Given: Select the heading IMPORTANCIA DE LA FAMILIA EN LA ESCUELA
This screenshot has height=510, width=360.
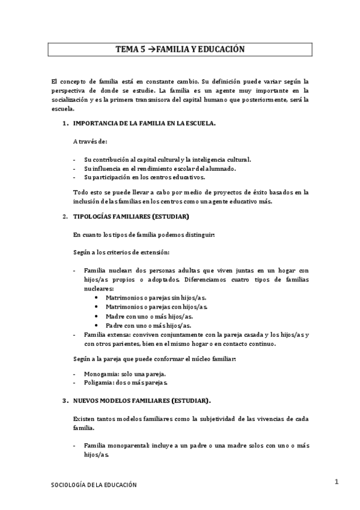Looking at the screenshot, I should coord(144,123).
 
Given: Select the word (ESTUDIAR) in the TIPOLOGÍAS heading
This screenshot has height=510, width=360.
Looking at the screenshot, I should coord(171,216).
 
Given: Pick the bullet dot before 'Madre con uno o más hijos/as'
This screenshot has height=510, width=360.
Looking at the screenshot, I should coord(97,316).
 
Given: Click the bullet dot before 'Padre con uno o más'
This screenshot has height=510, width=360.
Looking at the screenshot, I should coord(97,325).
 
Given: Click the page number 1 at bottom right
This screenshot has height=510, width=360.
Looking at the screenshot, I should coord(338,482).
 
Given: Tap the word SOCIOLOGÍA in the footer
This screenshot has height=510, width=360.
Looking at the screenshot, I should coord(67,485).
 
